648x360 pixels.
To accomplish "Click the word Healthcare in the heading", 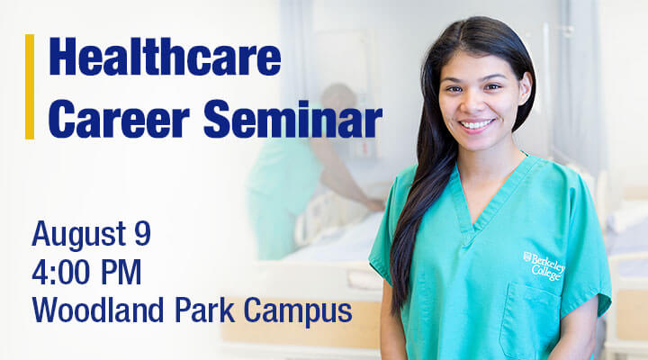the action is coord(165,57).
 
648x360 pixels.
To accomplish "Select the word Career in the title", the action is coord(119,119).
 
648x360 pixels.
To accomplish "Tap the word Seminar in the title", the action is coord(292,119).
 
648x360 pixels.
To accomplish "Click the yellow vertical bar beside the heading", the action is coord(30,86).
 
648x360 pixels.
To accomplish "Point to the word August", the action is coord(79,235).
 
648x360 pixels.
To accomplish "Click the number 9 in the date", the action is coord(142,233).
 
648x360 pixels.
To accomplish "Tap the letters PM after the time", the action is coord(121,273).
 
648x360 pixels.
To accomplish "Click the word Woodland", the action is coord(98,310).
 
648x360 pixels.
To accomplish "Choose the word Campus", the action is coord(298,311).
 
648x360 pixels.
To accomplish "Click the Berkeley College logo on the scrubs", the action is coord(544,265).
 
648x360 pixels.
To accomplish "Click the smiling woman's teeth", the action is coord(477,124).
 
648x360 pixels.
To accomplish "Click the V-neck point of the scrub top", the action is coord(473,229).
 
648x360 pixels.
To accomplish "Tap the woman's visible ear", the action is coord(526,88).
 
